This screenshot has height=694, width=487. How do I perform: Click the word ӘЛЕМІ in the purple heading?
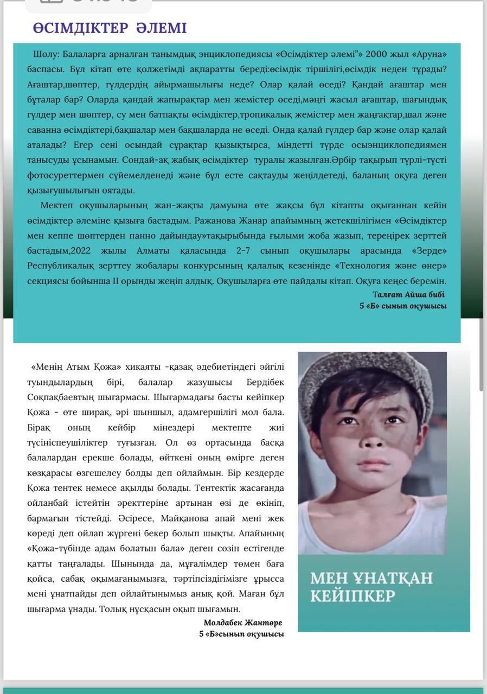point(161,28)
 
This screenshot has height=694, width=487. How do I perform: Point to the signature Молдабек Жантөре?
point(242,622)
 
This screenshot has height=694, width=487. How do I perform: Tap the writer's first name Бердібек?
point(265,382)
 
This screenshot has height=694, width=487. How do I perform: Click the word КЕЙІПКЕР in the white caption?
point(353,596)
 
